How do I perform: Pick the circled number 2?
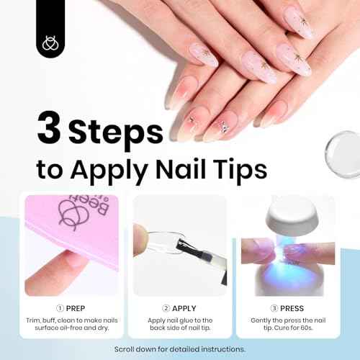click(166, 307)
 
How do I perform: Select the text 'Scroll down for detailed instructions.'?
click(180, 348)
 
